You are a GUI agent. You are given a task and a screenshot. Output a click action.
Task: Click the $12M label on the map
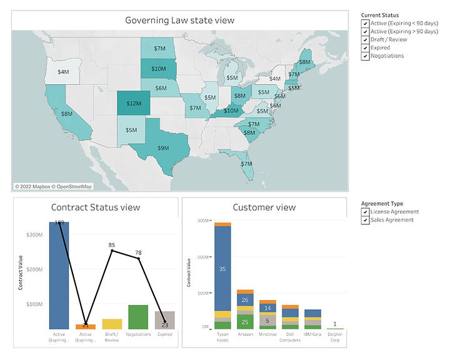coord(134,103)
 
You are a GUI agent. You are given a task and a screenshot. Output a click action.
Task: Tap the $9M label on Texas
coord(162,148)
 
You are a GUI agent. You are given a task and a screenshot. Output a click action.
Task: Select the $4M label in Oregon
coord(63,72)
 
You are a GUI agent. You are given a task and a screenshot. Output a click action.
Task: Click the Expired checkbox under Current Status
coord(364,47)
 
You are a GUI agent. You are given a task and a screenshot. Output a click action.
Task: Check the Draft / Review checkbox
coord(364,39)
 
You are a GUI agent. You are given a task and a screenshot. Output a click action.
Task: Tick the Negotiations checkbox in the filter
coord(364,56)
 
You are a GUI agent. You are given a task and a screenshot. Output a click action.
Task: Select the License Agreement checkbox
coord(364,211)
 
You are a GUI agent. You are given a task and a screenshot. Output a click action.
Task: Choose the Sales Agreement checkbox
coord(364,219)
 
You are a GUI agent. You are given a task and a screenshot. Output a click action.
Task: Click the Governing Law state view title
coord(179,20)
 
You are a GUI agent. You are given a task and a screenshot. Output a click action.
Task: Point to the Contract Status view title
coord(95,207)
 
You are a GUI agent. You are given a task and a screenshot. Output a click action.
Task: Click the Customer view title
coord(264,207)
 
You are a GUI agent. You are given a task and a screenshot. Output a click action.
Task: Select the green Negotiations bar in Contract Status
coord(137,317)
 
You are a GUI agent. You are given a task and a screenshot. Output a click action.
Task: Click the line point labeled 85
coord(112,251)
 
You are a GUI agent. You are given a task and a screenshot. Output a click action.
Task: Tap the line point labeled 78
coord(138,258)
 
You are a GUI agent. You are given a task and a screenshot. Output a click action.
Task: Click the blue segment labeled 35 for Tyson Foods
coord(222,268)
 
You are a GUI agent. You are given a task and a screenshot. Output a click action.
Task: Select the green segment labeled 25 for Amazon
coord(244,322)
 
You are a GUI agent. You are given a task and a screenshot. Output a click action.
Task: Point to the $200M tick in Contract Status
coord(34,269)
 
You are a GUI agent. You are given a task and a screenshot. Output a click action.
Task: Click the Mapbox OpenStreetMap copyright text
coord(53,186)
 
